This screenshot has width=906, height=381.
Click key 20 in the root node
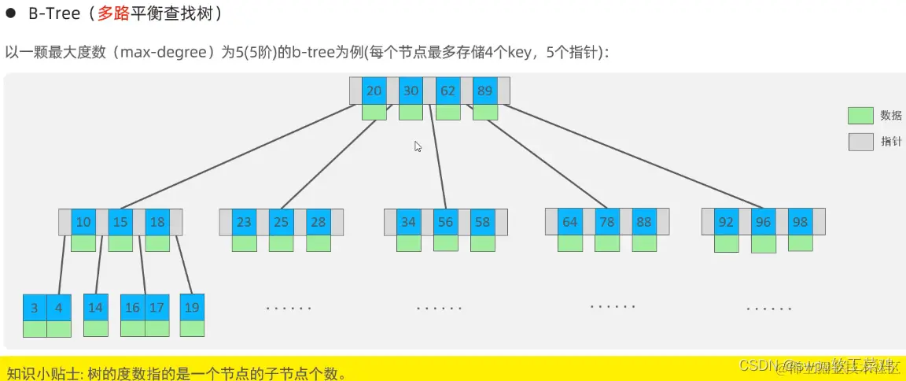(374, 91)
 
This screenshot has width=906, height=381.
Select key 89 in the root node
(485, 91)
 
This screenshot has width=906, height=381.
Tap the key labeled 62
(448, 91)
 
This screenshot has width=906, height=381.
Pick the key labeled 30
(411, 91)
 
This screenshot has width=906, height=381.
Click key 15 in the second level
(120, 222)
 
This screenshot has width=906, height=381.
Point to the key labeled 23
(244, 222)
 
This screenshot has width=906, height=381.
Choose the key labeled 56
(446, 222)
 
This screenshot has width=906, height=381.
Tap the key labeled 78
(607, 222)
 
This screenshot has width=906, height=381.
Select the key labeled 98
(800, 222)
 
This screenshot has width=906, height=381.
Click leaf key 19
(192, 307)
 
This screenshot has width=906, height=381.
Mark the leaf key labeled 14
(95, 307)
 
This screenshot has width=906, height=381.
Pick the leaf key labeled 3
(35, 308)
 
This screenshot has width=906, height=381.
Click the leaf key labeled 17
(157, 307)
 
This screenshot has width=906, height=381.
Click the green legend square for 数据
(860, 116)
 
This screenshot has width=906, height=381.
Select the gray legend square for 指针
(860, 142)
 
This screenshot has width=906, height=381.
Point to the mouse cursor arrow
(418, 146)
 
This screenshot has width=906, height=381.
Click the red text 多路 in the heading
(112, 13)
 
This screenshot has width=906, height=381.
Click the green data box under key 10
(83, 243)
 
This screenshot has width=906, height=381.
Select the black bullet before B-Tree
(11, 13)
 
